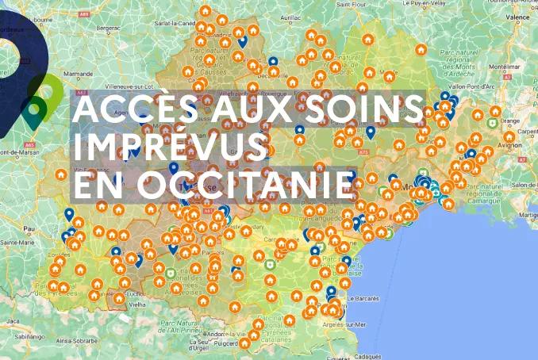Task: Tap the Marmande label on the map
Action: click(x=79, y=74)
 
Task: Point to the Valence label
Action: click(x=518, y=16)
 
